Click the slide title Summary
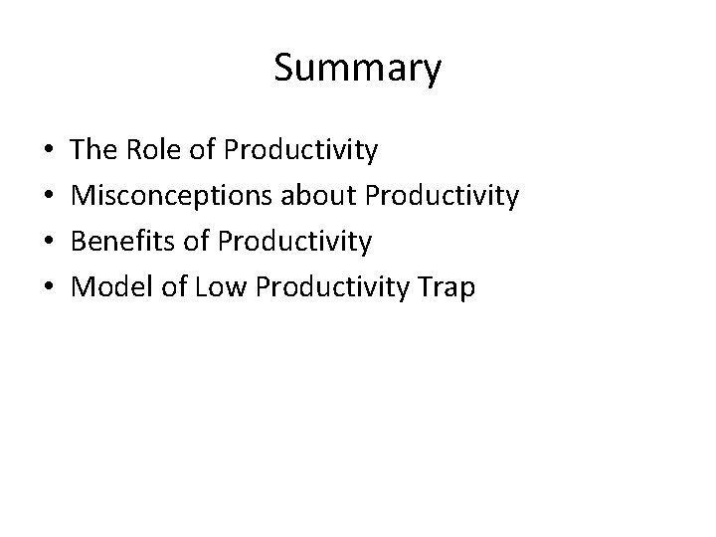pos(357,69)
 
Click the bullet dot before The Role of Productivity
pos(51,151)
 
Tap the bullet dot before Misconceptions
pos(51,197)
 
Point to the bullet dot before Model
pos(51,288)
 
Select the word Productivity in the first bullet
pos(301,151)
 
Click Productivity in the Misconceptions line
pos(443,197)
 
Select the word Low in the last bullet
pos(222,288)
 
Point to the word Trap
pos(446,288)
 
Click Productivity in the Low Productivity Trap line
pos(331,288)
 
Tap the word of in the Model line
pos(175,288)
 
